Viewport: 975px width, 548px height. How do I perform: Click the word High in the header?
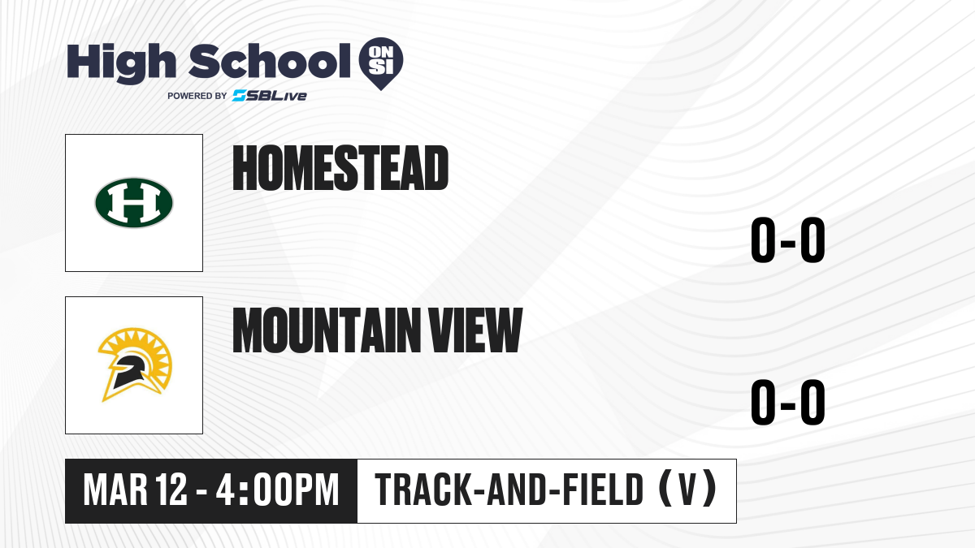(x=122, y=63)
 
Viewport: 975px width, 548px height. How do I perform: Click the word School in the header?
(x=270, y=61)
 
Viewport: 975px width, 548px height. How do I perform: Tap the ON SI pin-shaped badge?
(x=381, y=63)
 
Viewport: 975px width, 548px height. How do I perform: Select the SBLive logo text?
(x=270, y=96)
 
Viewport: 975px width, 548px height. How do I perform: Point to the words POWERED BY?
(x=197, y=96)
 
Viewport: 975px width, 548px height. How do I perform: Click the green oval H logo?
(x=134, y=203)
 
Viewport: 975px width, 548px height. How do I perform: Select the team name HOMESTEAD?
(x=340, y=168)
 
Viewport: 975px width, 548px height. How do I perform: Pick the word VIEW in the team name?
(x=475, y=330)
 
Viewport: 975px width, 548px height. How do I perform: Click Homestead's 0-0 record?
(x=788, y=239)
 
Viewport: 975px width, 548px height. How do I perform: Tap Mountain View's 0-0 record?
(x=788, y=402)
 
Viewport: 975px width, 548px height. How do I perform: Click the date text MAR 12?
(x=136, y=490)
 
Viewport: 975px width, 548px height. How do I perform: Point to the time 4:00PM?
(x=277, y=490)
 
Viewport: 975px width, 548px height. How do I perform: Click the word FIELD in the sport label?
(x=603, y=490)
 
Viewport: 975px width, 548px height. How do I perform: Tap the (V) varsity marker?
(x=687, y=489)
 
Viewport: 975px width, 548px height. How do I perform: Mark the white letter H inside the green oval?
(x=134, y=203)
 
